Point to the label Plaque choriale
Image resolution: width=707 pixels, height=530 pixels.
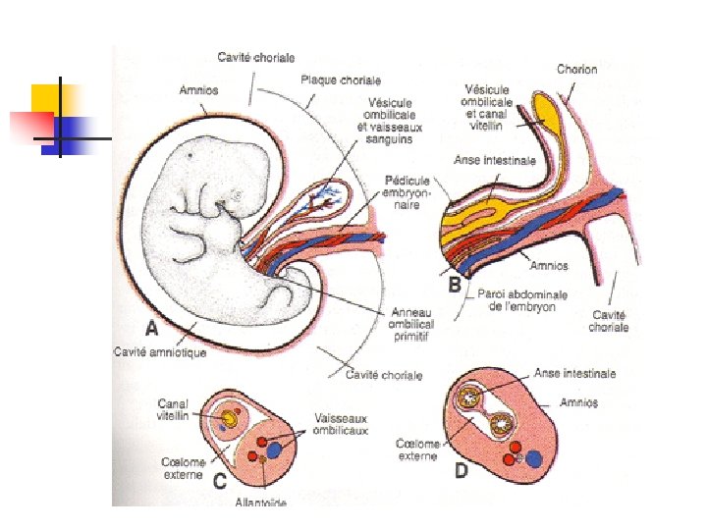tap(341, 79)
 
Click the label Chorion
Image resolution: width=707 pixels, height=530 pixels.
tap(576, 69)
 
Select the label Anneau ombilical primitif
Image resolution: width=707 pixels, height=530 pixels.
tap(410, 324)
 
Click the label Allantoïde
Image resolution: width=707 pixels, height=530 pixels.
tap(261, 503)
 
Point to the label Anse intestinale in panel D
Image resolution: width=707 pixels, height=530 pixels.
tap(575, 374)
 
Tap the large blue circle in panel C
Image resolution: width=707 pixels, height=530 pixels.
tap(275, 450)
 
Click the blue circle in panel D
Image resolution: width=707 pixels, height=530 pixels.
tap(533, 458)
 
